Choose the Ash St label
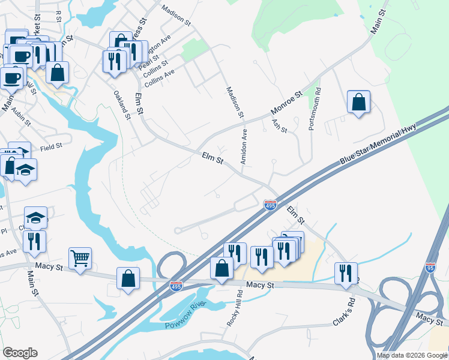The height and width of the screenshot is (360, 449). coord(280,126)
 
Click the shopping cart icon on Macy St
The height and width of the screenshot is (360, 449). coord(80,259)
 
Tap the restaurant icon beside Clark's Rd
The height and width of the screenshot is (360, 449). coord(346,273)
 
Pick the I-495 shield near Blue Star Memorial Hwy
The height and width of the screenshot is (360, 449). coord(270,206)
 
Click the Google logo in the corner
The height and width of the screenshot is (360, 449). coord(20,353)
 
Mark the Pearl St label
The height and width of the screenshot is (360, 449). coord(148,62)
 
